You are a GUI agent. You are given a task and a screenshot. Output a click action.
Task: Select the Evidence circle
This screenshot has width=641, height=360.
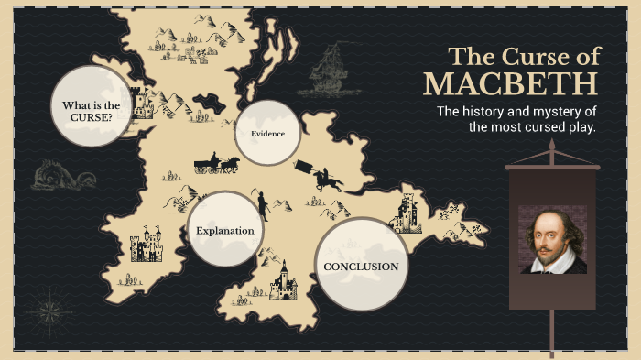[x=267, y=134]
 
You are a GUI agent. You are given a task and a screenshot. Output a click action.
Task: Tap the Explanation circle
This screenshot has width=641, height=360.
[x=225, y=230]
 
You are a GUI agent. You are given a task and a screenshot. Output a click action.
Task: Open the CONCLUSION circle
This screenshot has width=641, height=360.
[x=361, y=266]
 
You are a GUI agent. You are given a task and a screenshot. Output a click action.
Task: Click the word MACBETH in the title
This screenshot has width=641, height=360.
[x=511, y=84]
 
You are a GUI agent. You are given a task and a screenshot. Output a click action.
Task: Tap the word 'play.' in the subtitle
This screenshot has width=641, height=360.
[x=578, y=127]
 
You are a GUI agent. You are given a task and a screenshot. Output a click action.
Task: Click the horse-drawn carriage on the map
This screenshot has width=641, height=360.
[x=216, y=164]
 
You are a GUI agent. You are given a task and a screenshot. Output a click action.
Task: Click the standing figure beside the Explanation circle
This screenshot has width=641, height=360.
[x=262, y=203]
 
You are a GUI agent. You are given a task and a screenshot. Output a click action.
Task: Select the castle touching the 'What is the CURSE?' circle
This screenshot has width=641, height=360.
[x=141, y=103]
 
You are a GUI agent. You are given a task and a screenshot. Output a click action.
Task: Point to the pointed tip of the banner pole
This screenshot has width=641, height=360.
[x=552, y=146]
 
